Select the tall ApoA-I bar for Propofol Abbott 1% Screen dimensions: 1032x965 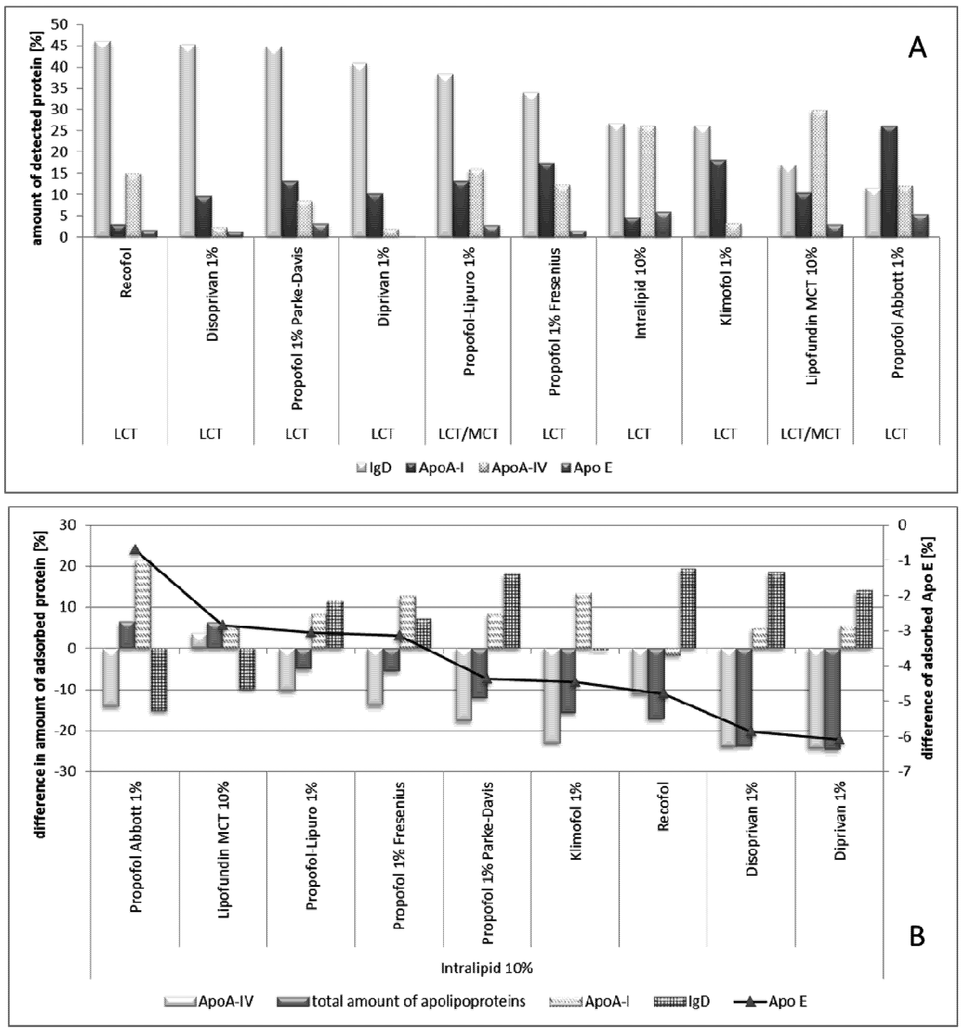[889, 182]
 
